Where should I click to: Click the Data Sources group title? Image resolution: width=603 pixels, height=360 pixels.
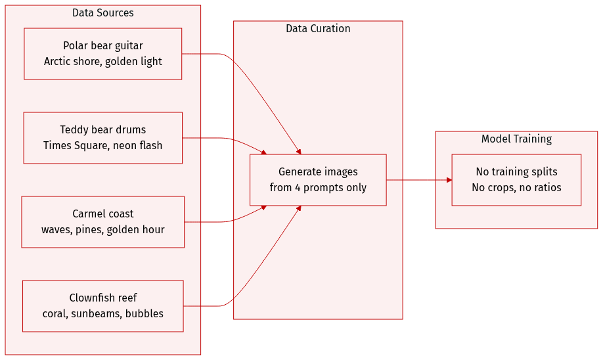(x=102, y=13)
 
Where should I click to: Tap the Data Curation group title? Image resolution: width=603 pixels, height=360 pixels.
(x=318, y=29)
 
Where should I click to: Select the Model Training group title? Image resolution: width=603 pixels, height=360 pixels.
(x=516, y=139)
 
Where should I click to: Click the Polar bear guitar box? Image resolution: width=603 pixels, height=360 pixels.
(x=102, y=54)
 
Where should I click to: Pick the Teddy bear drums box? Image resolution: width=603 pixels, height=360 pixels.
(x=102, y=138)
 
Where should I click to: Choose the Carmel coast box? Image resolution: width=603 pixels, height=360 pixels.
(x=102, y=222)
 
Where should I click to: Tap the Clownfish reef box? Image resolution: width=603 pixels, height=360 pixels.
(x=102, y=306)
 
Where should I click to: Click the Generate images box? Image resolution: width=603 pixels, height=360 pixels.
(x=318, y=180)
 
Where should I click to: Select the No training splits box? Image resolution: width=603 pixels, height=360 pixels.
(x=516, y=180)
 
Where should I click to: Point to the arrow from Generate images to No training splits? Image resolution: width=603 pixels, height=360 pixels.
(x=418, y=180)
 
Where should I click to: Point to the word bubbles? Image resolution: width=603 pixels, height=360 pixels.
(x=145, y=314)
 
